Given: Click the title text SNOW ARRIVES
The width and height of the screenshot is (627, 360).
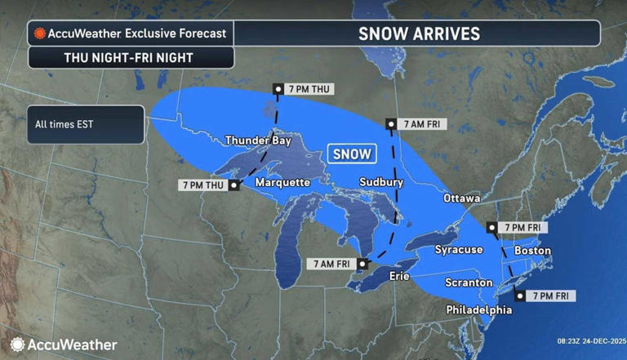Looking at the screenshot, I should [419, 33].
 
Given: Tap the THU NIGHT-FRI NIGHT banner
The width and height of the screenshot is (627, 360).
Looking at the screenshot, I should [131, 58].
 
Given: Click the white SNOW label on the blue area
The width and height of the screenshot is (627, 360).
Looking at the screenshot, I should [351, 153].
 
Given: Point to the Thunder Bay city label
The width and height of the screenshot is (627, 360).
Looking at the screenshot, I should [258, 140].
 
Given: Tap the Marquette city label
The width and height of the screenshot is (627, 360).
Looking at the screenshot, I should [282, 181].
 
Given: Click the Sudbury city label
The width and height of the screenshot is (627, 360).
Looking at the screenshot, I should [380, 182].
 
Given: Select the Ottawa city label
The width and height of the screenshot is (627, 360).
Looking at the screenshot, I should [461, 198].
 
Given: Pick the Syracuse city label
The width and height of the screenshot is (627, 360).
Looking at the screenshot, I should [458, 249].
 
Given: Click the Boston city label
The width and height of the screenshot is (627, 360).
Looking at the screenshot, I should [532, 250].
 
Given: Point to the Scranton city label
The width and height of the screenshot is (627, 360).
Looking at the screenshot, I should [469, 282].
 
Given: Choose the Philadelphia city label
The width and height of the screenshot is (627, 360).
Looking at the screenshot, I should [479, 310].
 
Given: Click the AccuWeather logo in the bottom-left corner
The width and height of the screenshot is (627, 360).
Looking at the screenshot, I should [64, 344].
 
